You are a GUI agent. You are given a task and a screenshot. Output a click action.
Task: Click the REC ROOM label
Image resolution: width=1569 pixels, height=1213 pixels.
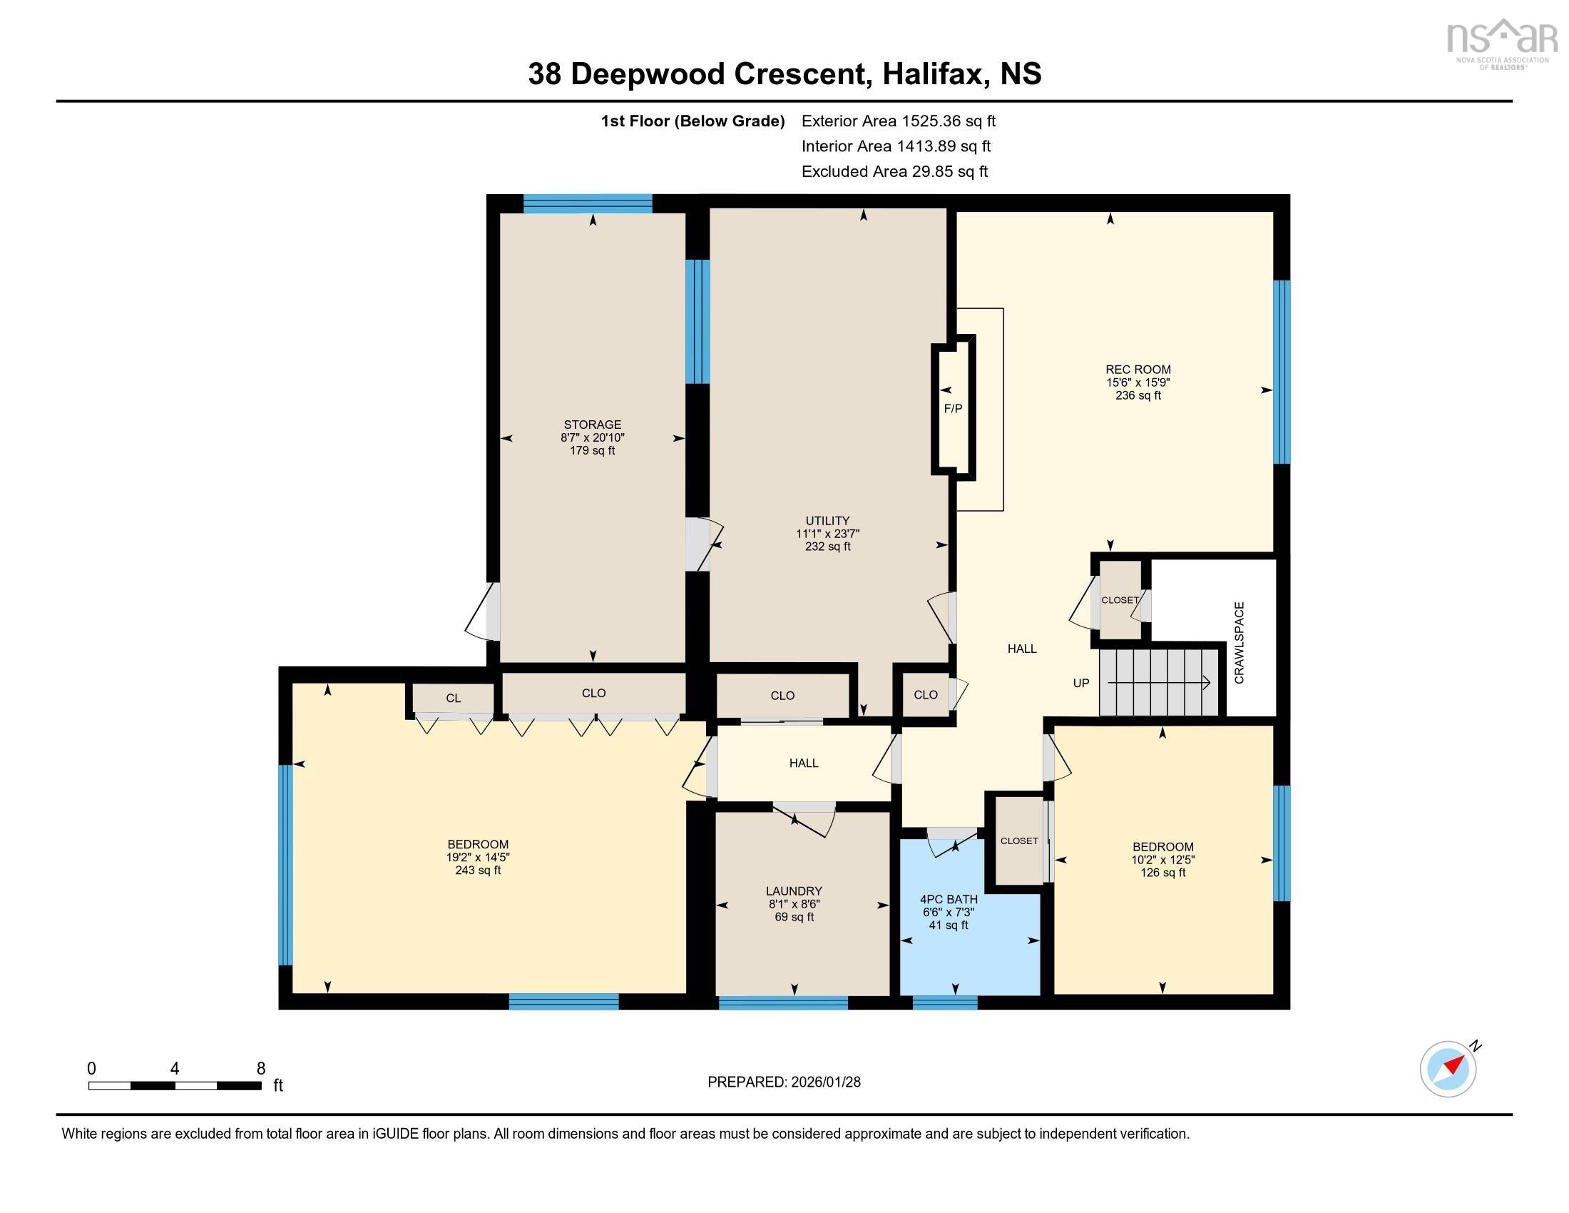[1138, 370]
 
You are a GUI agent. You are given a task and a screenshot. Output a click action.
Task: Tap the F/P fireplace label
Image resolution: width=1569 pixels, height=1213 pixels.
[953, 409]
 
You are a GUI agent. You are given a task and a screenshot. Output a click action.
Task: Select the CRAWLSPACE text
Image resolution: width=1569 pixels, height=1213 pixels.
[1240, 642]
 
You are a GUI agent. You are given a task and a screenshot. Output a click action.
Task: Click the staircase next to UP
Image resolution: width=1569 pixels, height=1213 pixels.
[1160, 682]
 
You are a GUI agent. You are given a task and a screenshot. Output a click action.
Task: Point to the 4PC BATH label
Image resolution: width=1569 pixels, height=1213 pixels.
[949, 899]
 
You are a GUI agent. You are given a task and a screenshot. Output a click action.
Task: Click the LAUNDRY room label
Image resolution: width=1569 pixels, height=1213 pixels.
[794, 890]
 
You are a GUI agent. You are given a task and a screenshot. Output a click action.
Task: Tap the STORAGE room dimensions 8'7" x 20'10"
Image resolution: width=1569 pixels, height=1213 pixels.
[592, 437]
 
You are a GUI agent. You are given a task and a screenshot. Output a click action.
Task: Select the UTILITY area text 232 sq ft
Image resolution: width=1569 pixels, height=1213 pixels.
[827, 546]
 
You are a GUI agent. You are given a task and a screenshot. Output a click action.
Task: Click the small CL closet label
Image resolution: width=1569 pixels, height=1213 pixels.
[453, 698]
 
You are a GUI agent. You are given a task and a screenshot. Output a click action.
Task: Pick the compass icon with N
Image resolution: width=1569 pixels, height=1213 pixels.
[1448, 1069]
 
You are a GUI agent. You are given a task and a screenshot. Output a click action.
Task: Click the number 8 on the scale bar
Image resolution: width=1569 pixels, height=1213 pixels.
[261, 1068]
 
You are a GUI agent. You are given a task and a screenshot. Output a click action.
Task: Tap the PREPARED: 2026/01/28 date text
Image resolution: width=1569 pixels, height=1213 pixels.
[784, 1082]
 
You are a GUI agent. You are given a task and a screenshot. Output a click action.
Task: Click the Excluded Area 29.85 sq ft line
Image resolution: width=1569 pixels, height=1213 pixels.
[894, 171]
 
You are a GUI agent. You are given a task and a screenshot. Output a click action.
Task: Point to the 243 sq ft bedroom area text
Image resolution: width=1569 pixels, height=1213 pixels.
[478, 871]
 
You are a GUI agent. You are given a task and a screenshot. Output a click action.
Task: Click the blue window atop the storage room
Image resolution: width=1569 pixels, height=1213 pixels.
[587, 204]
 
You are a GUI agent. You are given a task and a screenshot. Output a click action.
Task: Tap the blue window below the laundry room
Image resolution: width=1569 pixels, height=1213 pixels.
[783, 1003]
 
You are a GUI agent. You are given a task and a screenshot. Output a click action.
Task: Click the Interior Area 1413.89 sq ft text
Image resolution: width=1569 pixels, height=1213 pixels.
[896, 146]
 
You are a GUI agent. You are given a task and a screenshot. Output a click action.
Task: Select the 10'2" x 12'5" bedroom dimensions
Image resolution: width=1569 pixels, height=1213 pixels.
[1162, 860]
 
